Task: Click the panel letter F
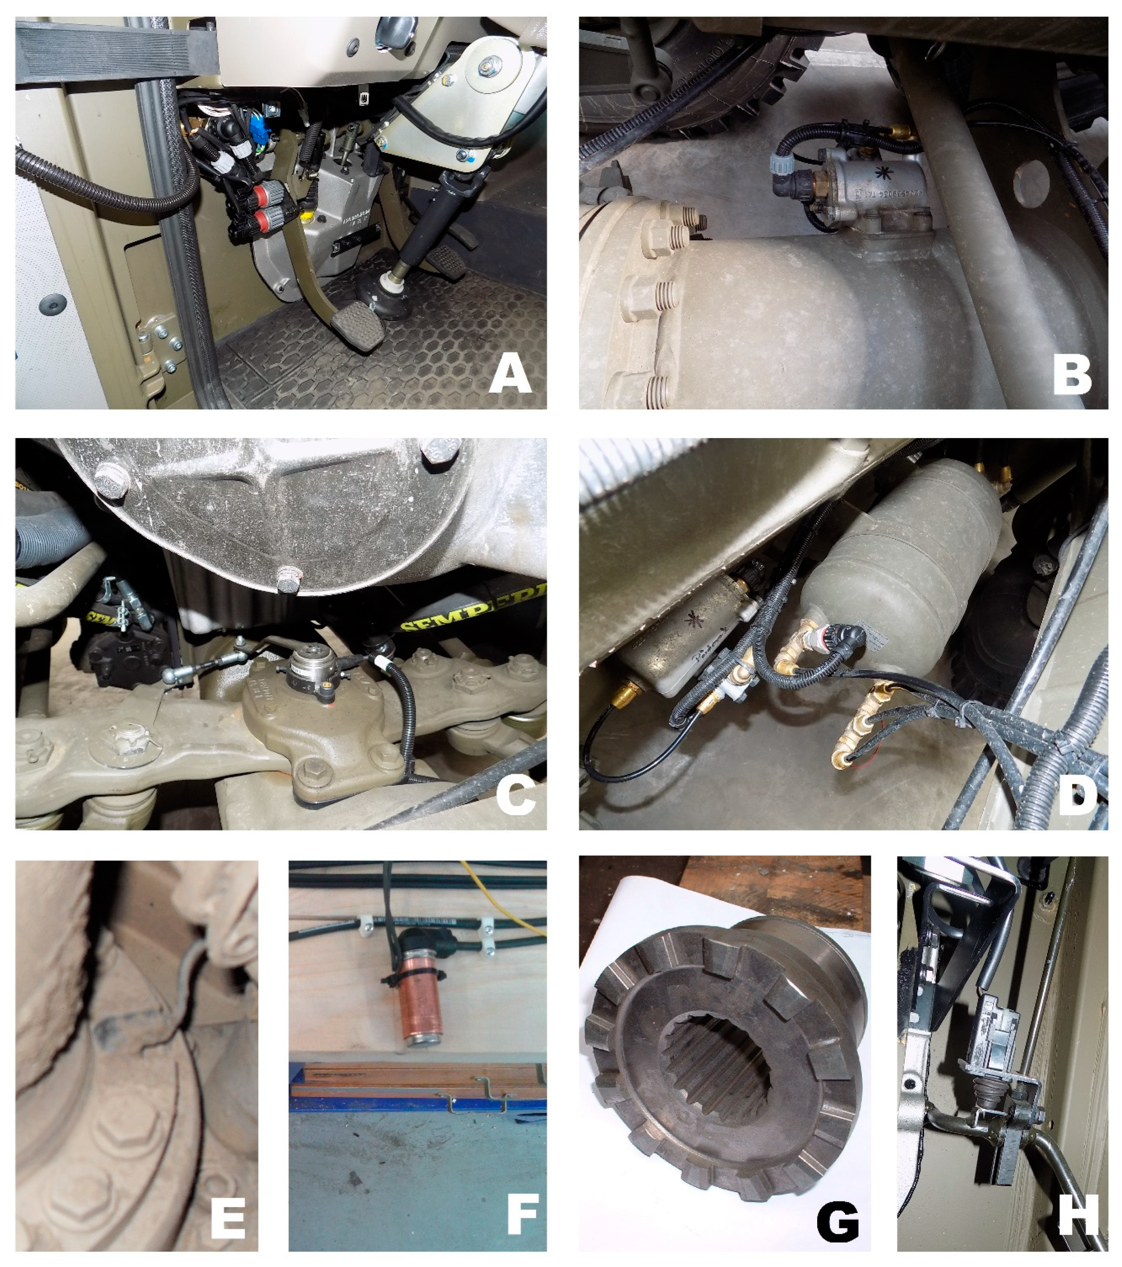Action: [522, 1217]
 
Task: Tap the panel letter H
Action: [1077, 1217]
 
